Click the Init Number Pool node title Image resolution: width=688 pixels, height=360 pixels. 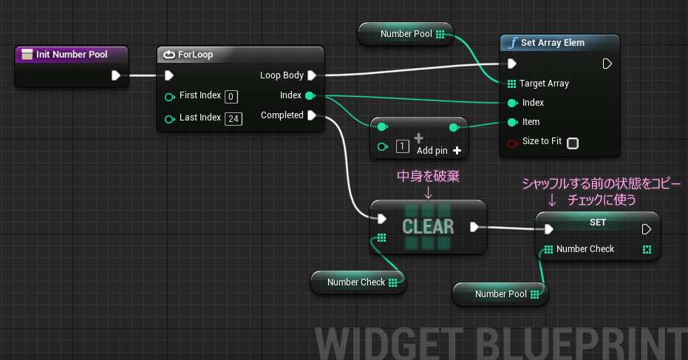point(72,55)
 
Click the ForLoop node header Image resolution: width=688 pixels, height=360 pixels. point(240,55)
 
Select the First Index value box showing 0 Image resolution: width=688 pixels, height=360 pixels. point(231,97)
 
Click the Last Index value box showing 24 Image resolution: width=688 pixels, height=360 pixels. point(234,118)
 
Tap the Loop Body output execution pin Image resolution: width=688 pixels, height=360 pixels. point(312,75)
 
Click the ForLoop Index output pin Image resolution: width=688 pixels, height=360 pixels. point(310,95)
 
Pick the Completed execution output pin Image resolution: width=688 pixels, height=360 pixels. point(312,115)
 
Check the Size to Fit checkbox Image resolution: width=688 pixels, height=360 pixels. point(573,143)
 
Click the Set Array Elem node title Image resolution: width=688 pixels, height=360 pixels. point(553,43)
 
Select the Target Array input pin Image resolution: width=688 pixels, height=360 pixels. point(511,84)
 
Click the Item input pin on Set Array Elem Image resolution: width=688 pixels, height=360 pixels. point(512,122)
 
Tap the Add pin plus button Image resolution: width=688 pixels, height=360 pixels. point(457,151)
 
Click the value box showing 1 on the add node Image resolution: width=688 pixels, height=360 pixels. point(402,146)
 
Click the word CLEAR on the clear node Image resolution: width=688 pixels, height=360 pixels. point(429,226)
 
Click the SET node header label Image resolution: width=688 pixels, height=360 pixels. point(598,223)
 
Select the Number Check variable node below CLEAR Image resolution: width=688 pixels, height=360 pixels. point(358,282)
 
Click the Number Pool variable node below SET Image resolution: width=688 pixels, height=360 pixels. point(500,294)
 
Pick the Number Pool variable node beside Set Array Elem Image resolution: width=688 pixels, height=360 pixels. point(406,34)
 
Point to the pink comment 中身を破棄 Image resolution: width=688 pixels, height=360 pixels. point(429,176)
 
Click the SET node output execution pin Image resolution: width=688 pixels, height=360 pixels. point(647,229)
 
